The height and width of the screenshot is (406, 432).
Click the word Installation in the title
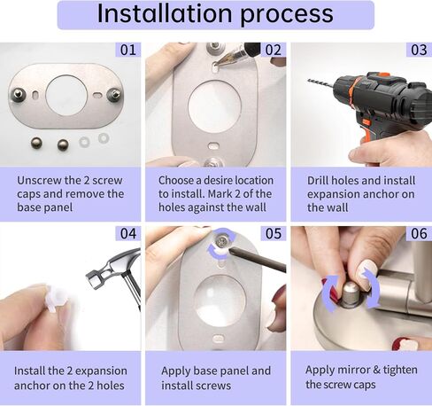point(165,13)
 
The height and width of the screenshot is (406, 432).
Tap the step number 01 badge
point(128,50)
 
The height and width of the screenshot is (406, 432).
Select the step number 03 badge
point(419,50)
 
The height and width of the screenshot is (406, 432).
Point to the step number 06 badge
point(419,233)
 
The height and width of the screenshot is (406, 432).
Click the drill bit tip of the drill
point(308,80)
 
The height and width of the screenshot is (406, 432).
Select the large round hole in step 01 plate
point(66,96)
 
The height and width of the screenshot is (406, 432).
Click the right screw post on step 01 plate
point(114,94)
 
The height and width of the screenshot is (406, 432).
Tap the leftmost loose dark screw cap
point(36,144)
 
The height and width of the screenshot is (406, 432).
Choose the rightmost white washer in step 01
point(104,138)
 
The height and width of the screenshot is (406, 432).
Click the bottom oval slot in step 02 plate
point(214,146)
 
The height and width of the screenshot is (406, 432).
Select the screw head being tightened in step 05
point(220,241)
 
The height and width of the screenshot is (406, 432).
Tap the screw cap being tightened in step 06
point(351,293)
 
